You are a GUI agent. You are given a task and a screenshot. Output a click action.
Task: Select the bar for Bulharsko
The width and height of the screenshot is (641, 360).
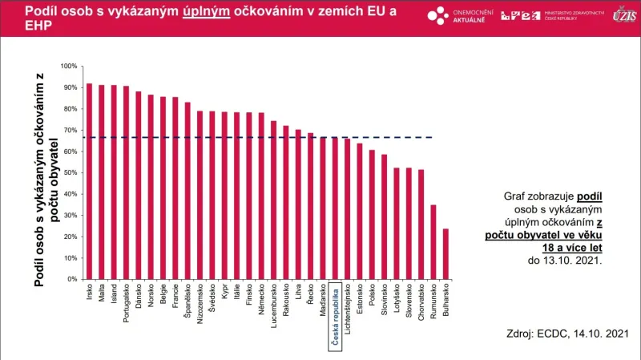pos(445,254)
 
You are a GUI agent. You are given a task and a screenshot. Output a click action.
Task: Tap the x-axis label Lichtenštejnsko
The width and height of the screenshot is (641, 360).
pos(347,313)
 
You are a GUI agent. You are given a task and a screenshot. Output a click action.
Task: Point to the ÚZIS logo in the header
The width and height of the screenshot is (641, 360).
pos(624,15)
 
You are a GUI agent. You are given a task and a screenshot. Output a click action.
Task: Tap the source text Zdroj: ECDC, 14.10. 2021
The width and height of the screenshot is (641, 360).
pos(566,333)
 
